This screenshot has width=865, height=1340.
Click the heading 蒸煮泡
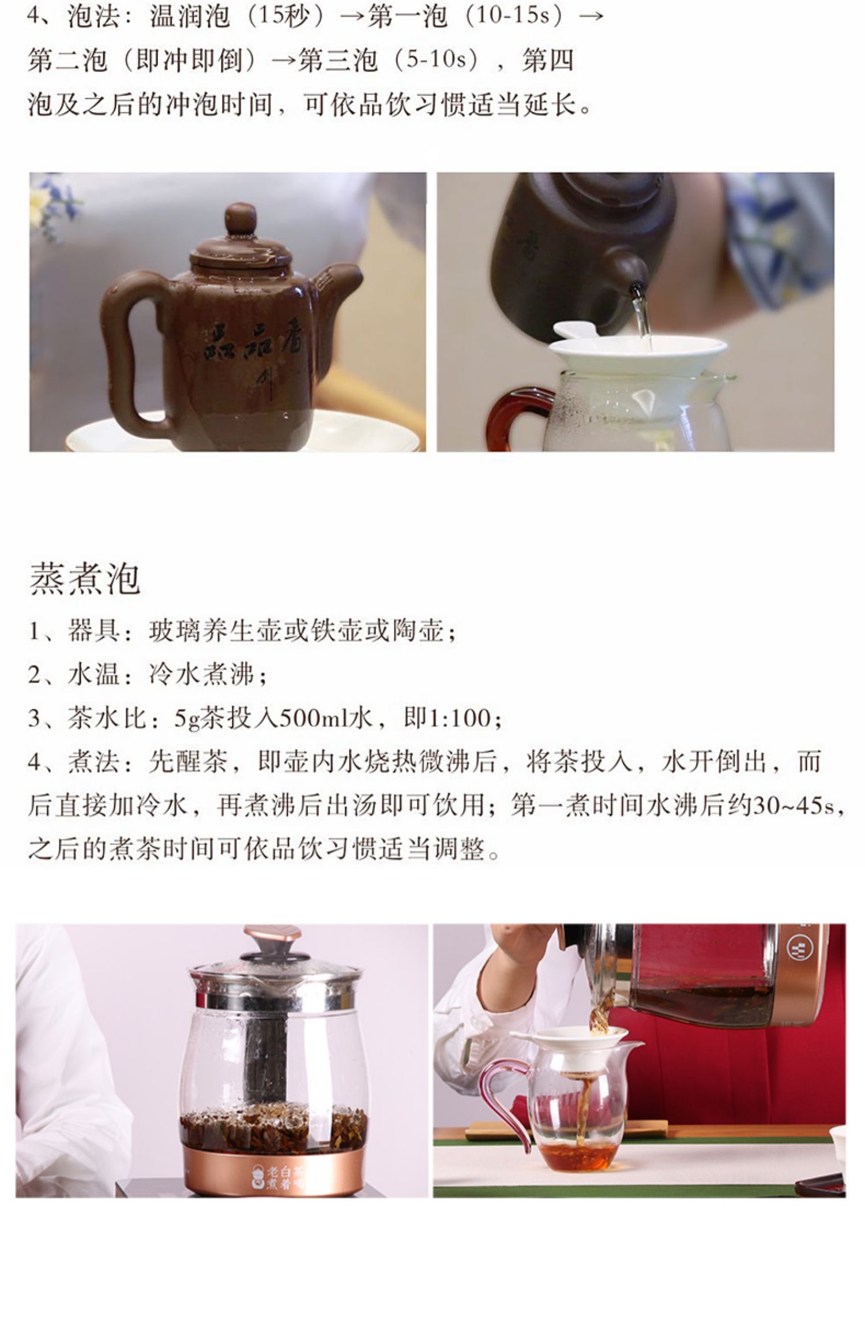(x=85, y=579)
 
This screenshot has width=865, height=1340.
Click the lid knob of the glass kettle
(x=272, y=940)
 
